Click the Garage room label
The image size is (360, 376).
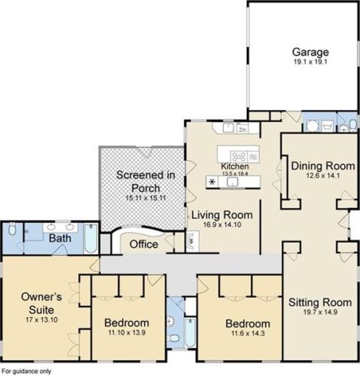pos(310,52)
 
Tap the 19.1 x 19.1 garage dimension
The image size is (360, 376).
pos(310,62)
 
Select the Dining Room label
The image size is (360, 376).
pos(323,166)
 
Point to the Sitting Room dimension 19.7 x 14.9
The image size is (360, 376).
pos(320,312)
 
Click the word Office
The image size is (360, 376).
pos(144,244)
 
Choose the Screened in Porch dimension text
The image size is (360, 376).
pos(146,197)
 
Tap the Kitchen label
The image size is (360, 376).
pos(235,166)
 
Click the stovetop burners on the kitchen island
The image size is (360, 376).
pos(239,157)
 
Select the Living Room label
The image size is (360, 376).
pos(222,215)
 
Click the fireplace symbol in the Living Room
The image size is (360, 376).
pos(192,241)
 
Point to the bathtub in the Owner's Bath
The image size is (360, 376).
pos(90,238)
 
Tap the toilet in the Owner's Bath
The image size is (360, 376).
pos(12,228)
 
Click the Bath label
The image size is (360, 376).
pos(60,238)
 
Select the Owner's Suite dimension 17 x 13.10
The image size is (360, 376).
pos(41,319)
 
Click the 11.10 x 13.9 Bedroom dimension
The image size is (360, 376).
pos(127,332)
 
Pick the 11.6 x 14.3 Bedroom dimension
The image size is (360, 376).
pos(248,333)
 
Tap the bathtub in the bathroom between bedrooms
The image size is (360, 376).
pos(190,332)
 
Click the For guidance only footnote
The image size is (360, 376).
pos(26,371)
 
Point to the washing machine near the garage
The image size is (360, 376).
pos(313,126)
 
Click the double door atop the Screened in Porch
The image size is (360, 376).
pos(146,152)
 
